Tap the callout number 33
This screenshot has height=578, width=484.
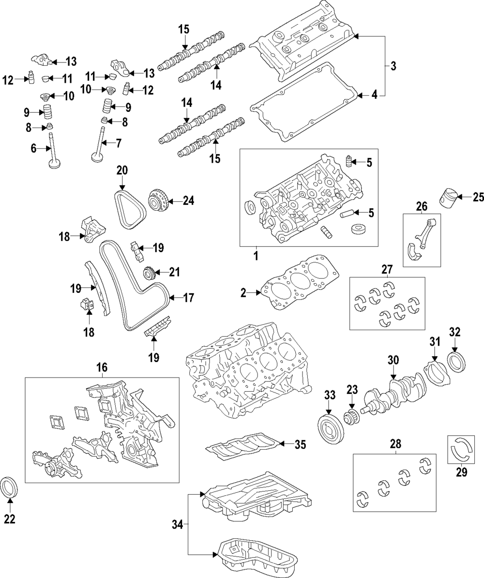(330, 395)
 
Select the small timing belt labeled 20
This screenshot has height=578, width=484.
(131, 211)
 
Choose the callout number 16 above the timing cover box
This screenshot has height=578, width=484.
(101, 367)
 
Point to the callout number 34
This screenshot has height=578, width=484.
(177, 524)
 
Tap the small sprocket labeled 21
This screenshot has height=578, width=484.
(150, 274)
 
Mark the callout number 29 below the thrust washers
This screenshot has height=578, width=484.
(462, 472)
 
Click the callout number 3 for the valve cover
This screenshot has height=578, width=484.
(393, 66)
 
